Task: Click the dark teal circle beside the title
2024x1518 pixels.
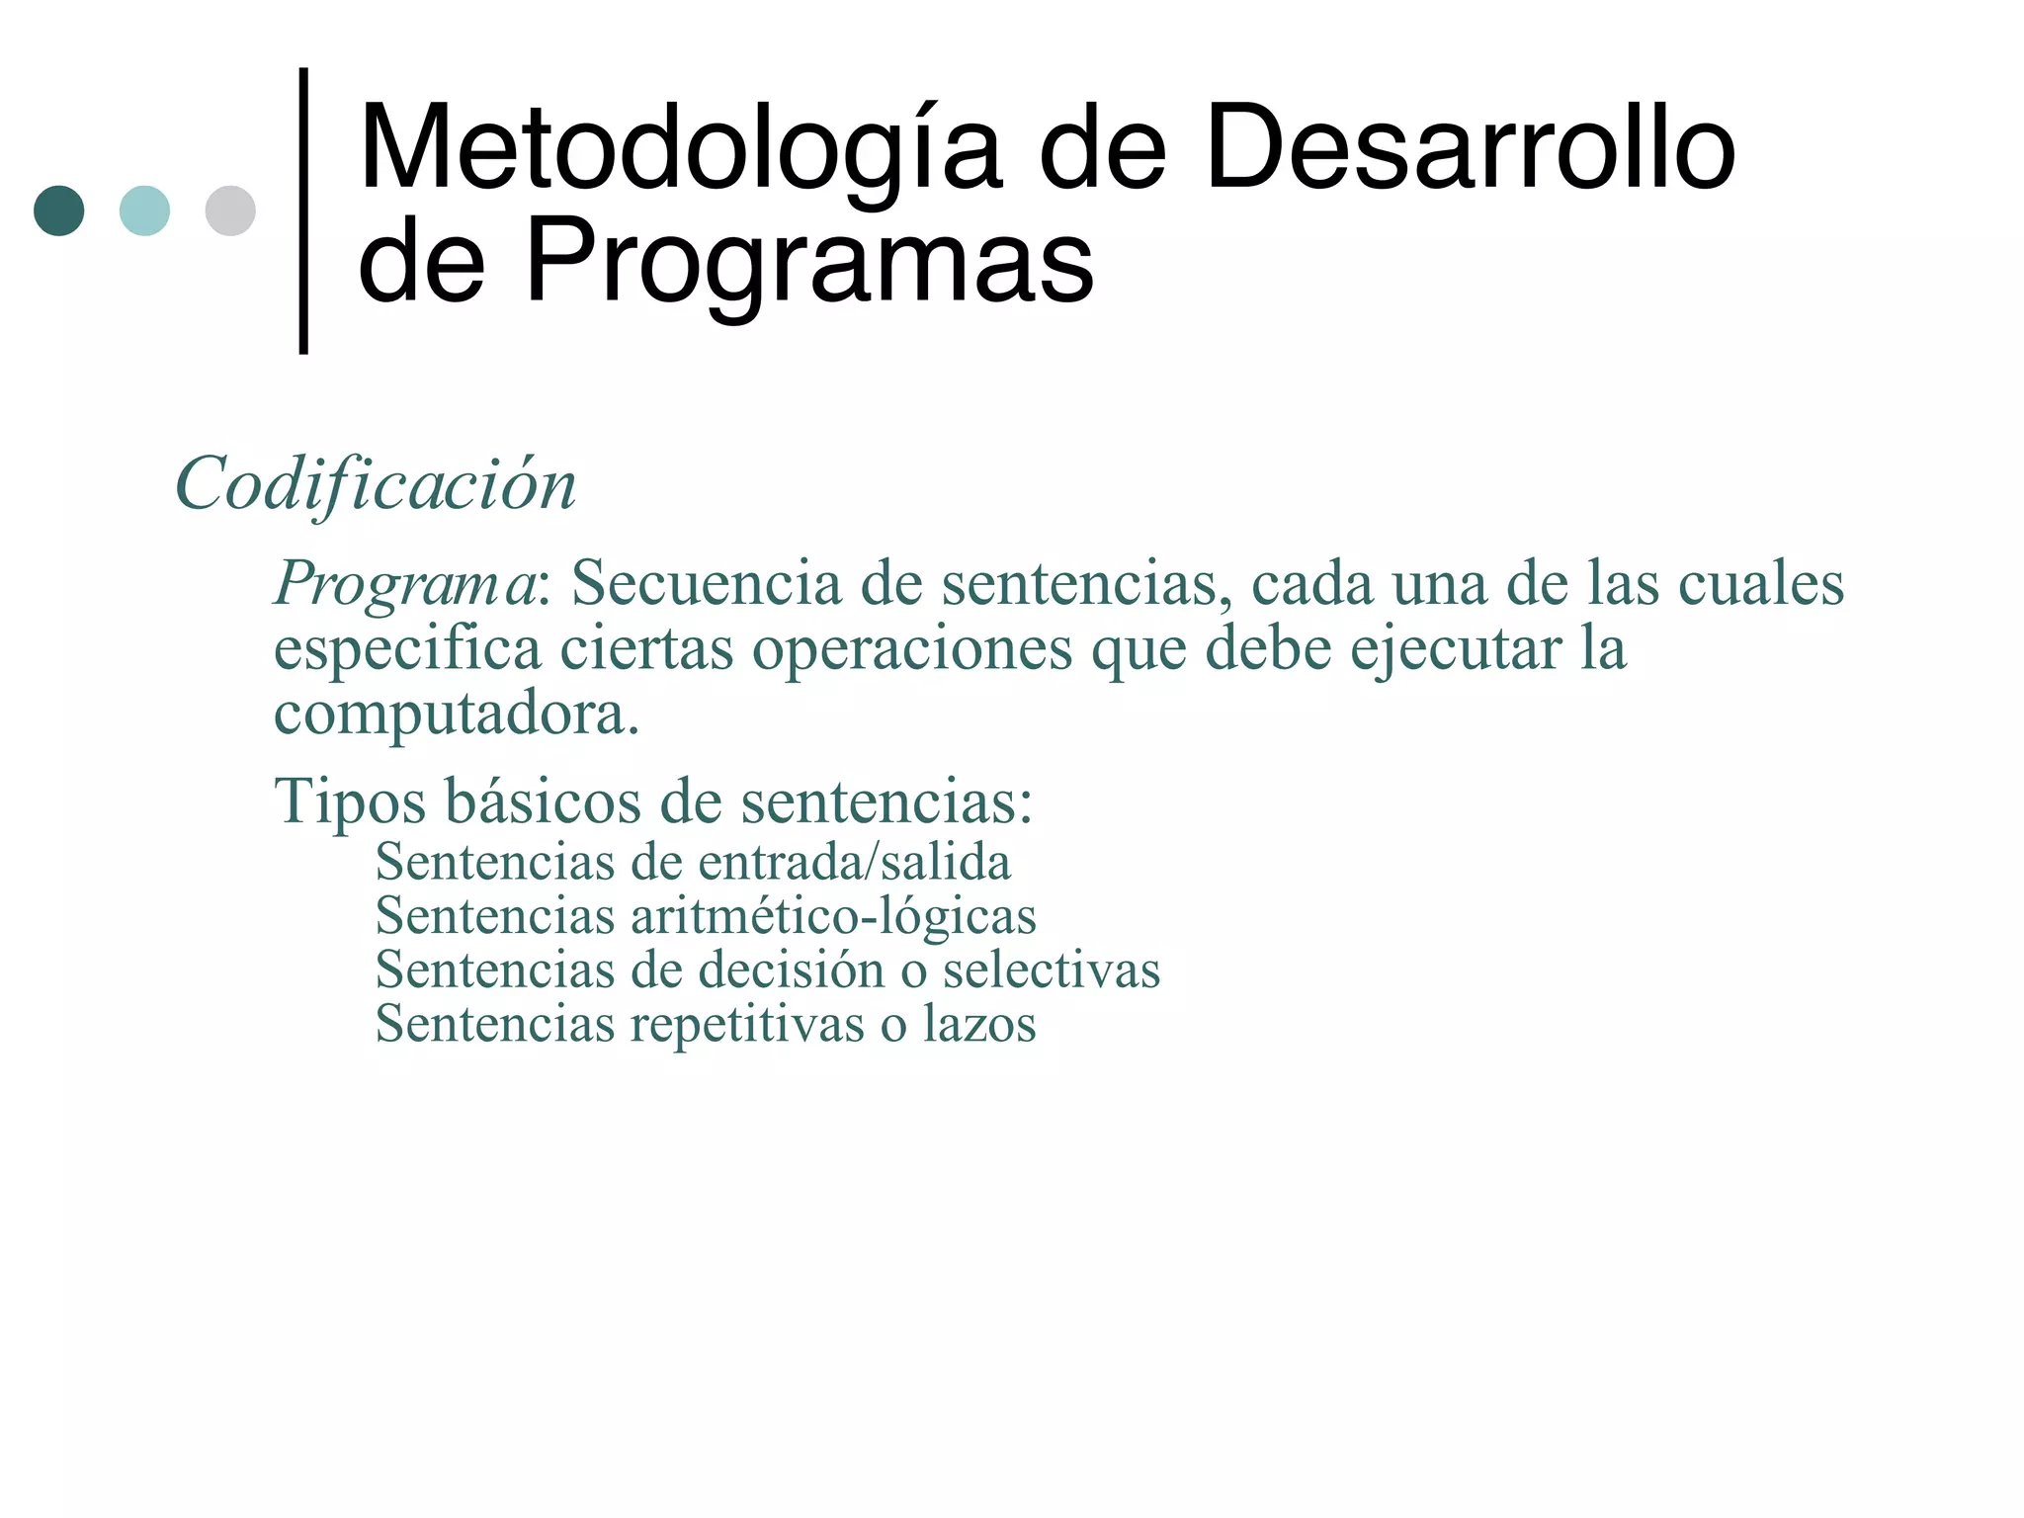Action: (x=59, y=211)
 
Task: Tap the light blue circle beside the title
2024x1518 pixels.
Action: (x=144, y=211)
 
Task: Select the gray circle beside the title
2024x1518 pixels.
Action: (x=230, y=211)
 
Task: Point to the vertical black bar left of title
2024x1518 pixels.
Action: (x=303, y=210)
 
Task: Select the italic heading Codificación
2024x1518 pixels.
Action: (x=376, y=484)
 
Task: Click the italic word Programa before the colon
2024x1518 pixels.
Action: (x=404, y=583)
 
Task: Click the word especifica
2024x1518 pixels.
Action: (x=407, y=649)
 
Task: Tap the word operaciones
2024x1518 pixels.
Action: (x=912, y=649)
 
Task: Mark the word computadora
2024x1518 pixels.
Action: (x=457, y=714)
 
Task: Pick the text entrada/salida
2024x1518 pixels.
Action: (x=854, y=862)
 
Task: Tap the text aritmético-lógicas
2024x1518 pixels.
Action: (x=833, y=915)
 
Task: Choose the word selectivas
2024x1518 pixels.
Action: (x=1052, y=970)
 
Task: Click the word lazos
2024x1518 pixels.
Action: (x=979, y=1023)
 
